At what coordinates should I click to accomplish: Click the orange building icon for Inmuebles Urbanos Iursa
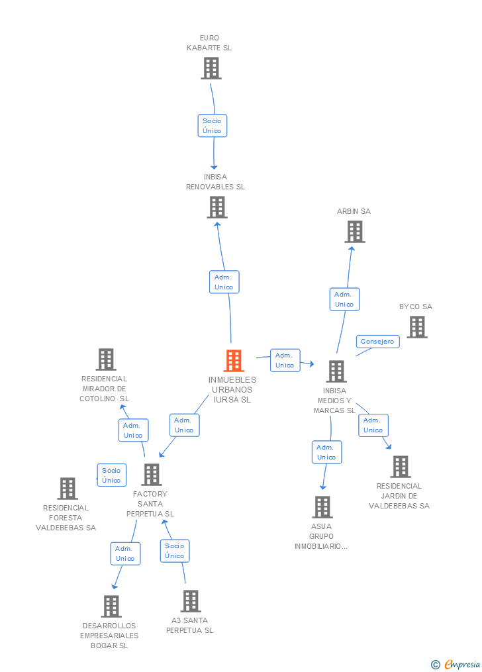coord(234,361)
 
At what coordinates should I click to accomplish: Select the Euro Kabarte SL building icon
coord(211,68)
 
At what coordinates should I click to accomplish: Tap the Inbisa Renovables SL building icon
coord(217,207)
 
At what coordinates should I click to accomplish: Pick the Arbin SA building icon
coord(355,232)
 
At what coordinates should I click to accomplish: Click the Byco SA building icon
coord(416,327)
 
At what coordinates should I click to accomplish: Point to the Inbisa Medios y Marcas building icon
coord(336,371)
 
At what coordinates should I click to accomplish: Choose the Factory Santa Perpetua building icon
coord(152,475)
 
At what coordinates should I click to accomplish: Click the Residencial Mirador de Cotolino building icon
coord(106,360)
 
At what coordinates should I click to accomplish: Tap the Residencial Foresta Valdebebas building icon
coord(68,489)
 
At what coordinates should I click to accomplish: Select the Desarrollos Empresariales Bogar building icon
coord(111,606)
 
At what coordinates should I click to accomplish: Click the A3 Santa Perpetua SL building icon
coord(191,601)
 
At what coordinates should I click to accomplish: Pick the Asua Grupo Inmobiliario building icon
coord(322,507)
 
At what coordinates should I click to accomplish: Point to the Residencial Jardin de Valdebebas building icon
coord(400,467)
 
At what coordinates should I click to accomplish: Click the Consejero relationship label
coord(377,342)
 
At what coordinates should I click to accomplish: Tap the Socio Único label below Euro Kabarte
coord(213,126)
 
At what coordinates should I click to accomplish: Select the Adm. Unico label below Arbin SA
coord(344,299)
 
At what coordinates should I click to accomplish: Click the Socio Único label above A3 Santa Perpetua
coord(175,551)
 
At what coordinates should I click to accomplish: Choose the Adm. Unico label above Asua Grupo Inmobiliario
coord(326,452)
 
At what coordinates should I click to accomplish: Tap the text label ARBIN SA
coord(354,211)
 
